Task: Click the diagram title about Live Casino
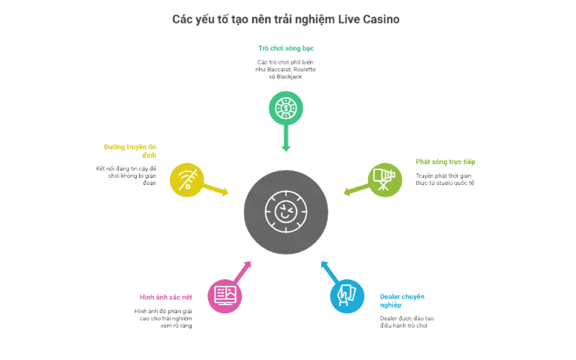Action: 287,19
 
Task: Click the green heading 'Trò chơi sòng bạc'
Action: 286,49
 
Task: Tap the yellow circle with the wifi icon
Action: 186,180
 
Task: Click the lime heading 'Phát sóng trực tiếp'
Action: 446,161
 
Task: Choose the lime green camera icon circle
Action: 385,179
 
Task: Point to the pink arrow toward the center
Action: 243,271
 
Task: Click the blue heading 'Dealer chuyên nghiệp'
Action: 402,300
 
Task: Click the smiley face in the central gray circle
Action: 285,211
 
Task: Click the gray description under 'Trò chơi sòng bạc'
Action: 286,68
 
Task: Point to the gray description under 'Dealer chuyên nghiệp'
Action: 407,321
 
